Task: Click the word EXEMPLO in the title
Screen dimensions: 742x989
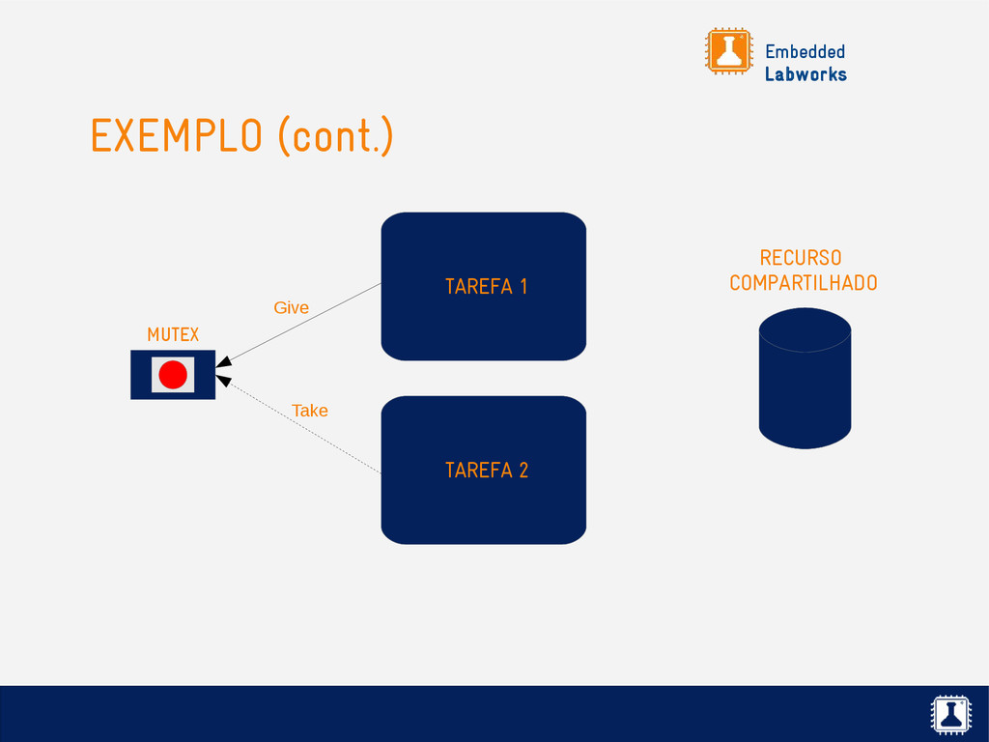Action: pos(176,136)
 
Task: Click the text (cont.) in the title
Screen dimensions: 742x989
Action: pos(335,136)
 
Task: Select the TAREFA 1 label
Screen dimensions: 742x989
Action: pos(486,287)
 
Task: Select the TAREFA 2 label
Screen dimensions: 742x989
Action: pos(486,471)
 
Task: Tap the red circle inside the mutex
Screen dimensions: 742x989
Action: pos(173,375)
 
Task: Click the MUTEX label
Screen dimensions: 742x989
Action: pos(173,334)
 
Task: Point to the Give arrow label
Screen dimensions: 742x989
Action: pos(291,307)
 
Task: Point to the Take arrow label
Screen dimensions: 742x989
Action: pos(310,411)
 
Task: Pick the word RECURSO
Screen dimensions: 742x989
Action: pos(800,258)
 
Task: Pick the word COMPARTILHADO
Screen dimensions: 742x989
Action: pos(803,283)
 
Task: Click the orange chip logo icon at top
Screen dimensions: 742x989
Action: pos(728,50)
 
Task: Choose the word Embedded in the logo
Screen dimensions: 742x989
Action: pos(805,51)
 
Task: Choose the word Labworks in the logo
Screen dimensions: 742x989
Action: pos(805,74)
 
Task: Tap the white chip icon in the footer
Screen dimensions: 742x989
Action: pos(951,714)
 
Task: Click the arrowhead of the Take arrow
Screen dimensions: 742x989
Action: pos(222,381)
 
